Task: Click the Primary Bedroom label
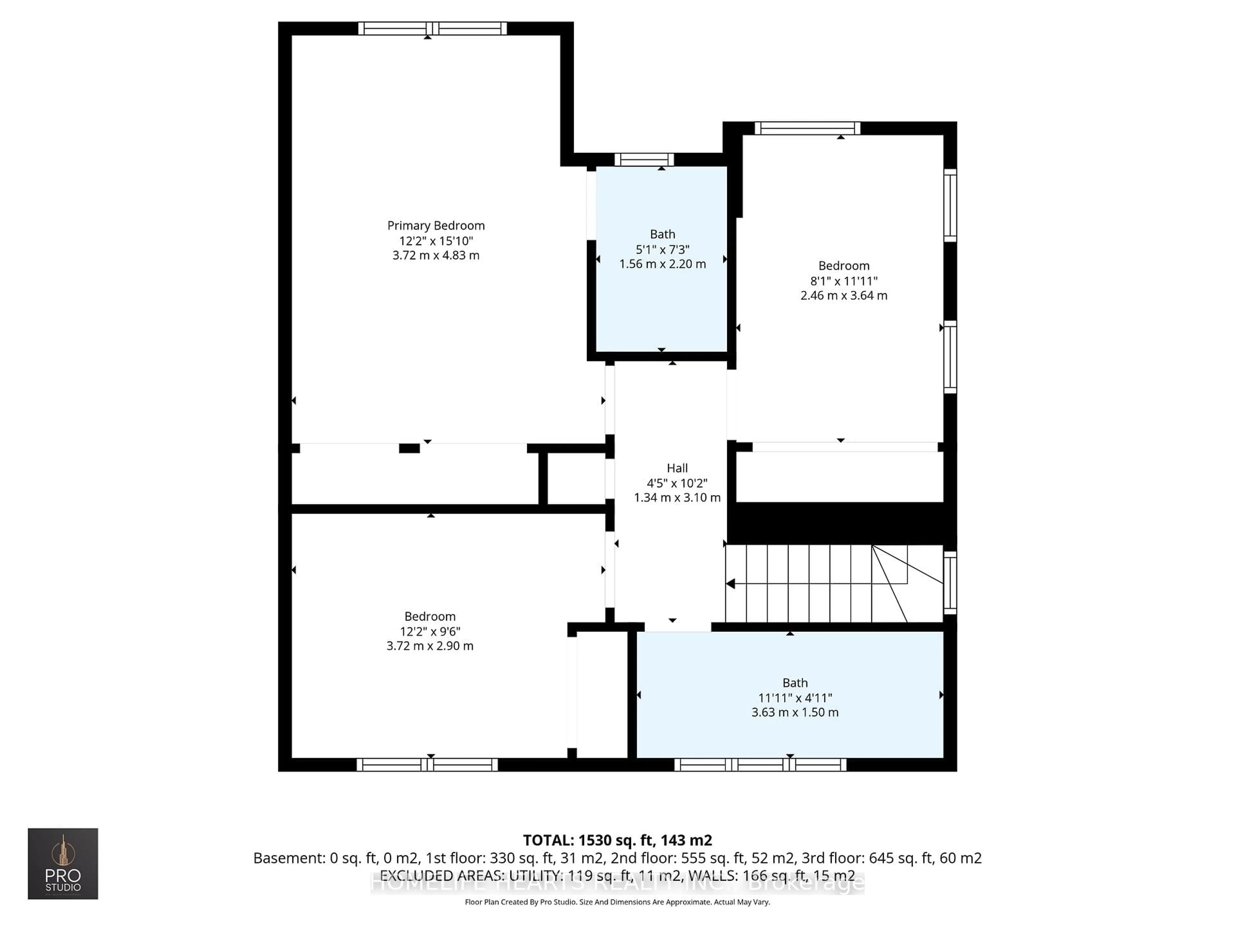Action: click(436, 226)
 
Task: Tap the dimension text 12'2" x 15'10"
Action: click(436, 241)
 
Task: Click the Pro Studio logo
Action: click(63, 863)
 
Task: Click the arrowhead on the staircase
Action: click(731, 584)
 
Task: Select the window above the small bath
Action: click(644, 160)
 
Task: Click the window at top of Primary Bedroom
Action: click(432, 29)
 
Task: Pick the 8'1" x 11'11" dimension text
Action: click(844, 281)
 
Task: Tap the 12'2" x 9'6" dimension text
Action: click(430, 632)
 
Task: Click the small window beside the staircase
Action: click(950, 583)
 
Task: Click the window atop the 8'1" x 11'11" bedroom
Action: click(807, 128)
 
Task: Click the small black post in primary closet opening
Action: click(409, 448)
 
